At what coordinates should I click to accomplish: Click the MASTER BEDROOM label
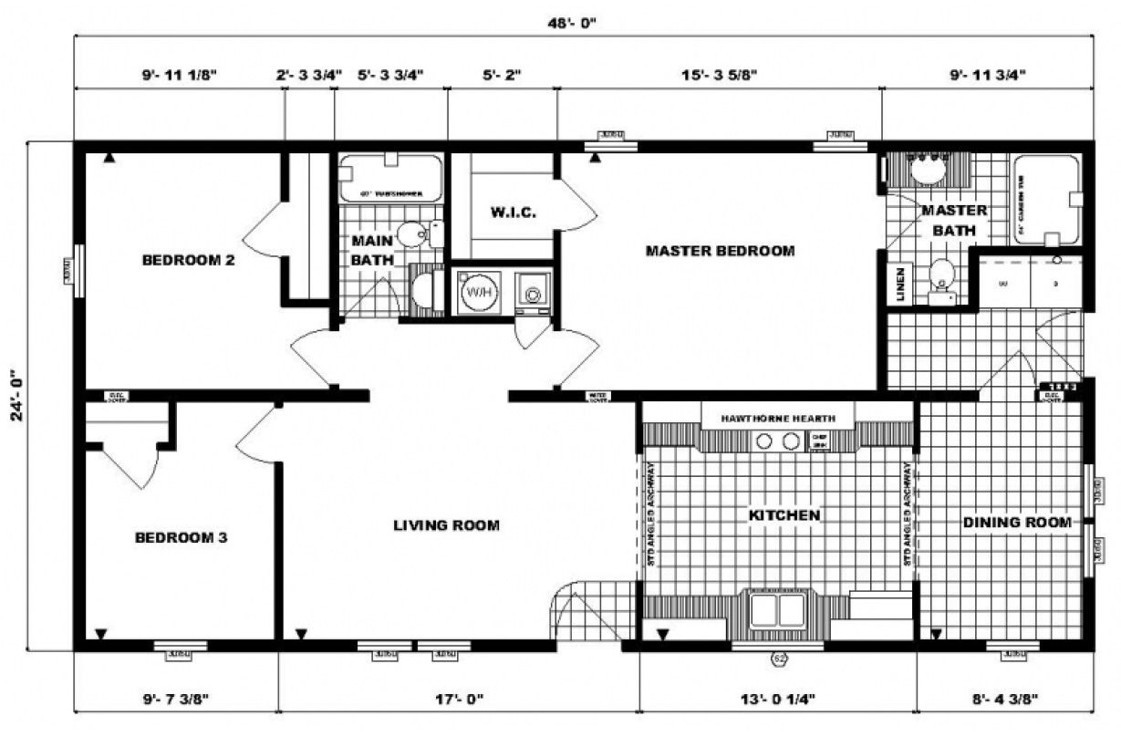coord(720,250)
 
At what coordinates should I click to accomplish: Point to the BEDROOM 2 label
coord(189,260)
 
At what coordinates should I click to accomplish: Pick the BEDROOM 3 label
coord(181,537)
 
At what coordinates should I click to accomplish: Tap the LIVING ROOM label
coord(446,524)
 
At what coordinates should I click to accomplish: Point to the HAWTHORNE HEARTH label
coord(777,418)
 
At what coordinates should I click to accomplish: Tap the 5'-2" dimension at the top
coord(502,75)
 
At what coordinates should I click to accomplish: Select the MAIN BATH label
coord(372,250)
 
